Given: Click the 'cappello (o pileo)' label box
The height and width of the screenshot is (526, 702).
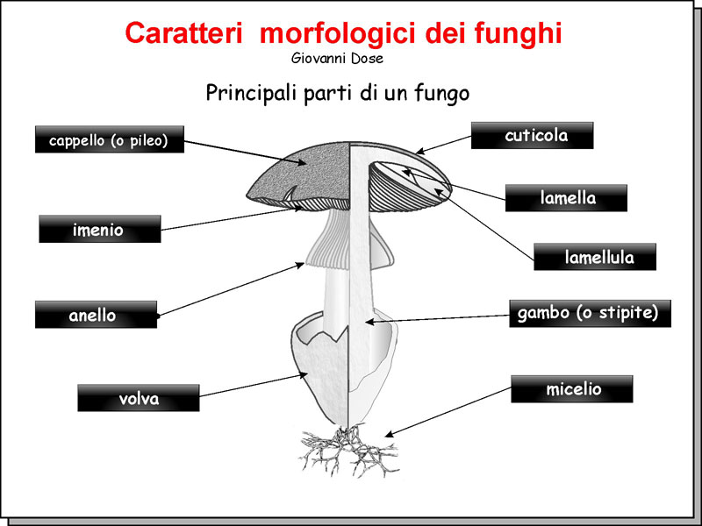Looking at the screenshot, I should (x=109, y=139).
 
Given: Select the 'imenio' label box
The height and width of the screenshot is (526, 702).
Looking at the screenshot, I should (x=99, y=230).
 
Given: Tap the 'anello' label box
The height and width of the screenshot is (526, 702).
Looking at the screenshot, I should (x=96, y=315).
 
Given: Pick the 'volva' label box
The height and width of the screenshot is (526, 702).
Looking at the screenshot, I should (x=138, y=398).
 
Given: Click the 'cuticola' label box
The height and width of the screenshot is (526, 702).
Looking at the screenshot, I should (x=532, y=135).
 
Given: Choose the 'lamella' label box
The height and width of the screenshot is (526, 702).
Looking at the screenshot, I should (x=566, y=198).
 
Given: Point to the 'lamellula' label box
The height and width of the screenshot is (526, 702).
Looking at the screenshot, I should (x=595, y=257).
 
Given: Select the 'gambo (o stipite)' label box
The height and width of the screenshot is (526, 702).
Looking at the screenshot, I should (x=590, y=313).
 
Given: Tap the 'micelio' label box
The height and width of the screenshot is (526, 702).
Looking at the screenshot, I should (x=571, y=388).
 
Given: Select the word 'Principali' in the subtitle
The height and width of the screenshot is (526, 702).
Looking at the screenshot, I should (x=247, y=92).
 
